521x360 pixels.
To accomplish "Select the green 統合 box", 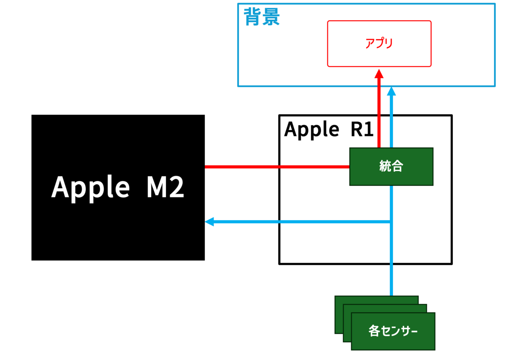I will [391, 167].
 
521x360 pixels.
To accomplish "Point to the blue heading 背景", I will [261, 17].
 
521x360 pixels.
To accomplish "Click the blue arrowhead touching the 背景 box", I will [392, 91].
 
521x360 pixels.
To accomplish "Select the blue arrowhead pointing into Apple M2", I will [210, 222].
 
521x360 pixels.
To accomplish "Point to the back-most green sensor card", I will [339, 314].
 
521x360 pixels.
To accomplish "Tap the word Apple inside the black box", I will [90, 188].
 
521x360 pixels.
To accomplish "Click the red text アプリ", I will [379, 43].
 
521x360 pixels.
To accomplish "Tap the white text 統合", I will [391, 167].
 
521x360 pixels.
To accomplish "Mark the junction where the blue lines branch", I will [392, 222].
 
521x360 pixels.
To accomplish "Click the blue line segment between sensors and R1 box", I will [392, 280].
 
